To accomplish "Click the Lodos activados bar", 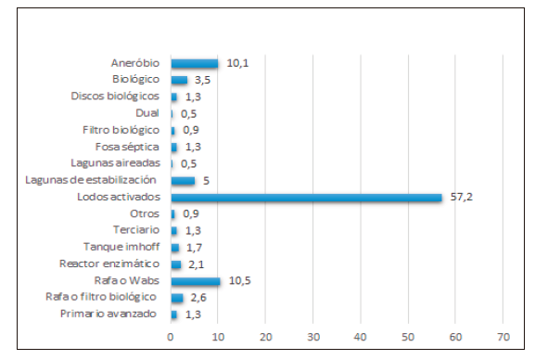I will pyautogui.click(x=306, y=198).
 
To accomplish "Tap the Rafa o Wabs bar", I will pyautogui.click(x=196, y=281).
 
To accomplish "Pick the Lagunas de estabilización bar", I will pyautogui.click(x=183, y=181).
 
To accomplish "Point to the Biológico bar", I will pyautogui.click(x=179, y=80).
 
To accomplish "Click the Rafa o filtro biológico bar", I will pyautogui.click(x=177, y=298).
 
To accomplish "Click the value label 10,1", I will pyautogui.click(x=236, y=63).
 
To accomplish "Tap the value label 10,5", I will pyautogui.click(x=238, y=281).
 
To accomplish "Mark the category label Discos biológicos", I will pyautogui.click(x=115, y=96).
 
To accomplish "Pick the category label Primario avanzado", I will pyautogui.click(x=118, y=315).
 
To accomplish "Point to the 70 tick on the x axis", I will pyautogui.click(x=503, y=335).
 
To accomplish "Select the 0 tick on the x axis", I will pyautogui.click(x=171, y=335).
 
